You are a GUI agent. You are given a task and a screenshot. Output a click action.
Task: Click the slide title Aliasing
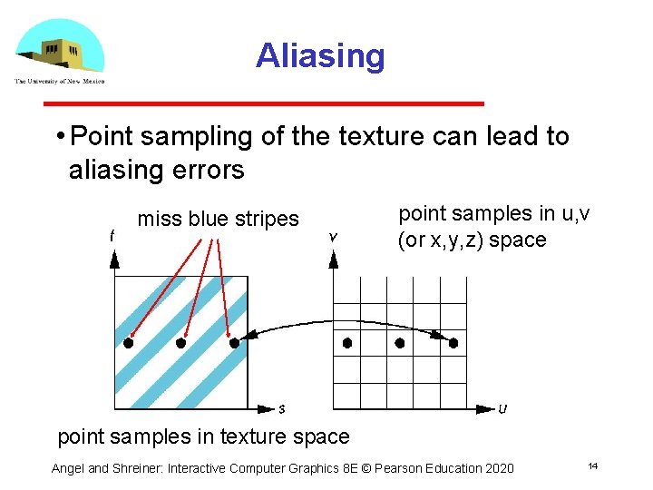point(320,55)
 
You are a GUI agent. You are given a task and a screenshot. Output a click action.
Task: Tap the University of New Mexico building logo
point(59,51)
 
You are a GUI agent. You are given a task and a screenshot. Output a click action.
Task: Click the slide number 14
point(592,466)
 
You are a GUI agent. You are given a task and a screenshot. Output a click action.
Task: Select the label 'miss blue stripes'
point(218,219)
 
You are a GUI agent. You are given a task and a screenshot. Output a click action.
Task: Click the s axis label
point(282,409)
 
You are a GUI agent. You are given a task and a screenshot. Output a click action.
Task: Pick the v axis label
point(333,236)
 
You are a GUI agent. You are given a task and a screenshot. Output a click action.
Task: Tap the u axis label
point(502,409)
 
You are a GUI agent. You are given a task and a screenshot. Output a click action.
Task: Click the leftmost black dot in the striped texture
point(128,344)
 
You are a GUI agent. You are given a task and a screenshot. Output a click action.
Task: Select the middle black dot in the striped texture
point(180,344)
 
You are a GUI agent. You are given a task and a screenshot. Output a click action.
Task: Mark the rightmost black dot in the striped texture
point(234,344)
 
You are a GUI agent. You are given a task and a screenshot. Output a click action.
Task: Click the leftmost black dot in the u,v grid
point(347,343)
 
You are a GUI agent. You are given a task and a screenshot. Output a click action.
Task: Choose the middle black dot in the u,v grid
point(400,343)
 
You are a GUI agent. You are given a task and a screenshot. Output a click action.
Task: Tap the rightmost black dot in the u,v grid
point(453,343)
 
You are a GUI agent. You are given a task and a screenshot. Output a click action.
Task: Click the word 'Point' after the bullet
point(102,137)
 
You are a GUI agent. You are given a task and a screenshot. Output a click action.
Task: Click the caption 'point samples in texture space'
point(203,436)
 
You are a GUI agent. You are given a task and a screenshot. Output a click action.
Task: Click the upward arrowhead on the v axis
point(334,260)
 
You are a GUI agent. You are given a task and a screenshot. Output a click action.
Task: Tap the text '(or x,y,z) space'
point(472,240)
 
